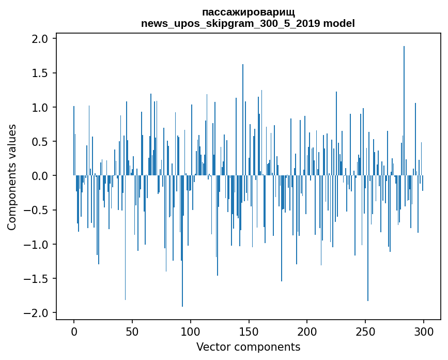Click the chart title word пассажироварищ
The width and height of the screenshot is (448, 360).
[248, 12]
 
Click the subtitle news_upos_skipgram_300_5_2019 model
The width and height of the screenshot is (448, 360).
[248, 23]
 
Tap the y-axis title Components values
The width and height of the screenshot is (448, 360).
[12, 177]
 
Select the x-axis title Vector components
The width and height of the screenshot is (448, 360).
[248, 347]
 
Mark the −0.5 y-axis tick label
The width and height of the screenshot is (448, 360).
[37, 210]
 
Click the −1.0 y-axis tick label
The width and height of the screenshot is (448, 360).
[37, 245]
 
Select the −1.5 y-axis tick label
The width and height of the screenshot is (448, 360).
[37, 279]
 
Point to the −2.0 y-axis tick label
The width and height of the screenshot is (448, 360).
[37, 313]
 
